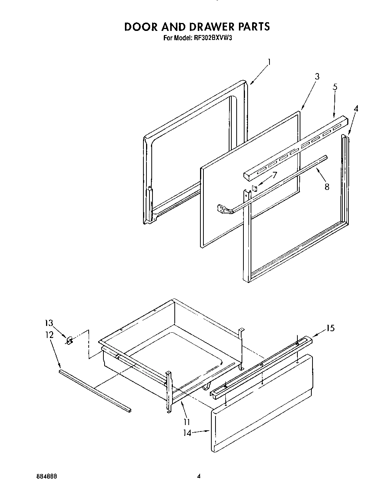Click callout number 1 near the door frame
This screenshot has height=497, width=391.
pos(269,62)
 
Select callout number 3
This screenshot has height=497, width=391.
pos(317,76)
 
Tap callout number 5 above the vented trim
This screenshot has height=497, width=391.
pos(335,87)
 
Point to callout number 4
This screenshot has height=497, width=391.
pos(356,109)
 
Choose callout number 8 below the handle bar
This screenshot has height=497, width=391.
pos(326,186)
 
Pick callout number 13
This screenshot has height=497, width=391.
pos(49,323)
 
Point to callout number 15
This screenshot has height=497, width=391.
pos(330,328)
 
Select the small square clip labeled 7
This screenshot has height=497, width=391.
pos(254,187)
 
